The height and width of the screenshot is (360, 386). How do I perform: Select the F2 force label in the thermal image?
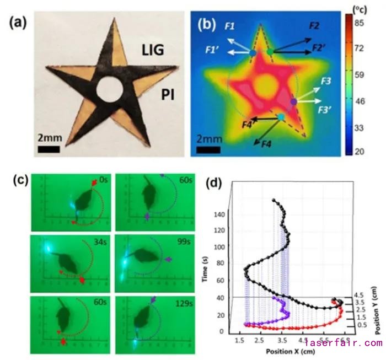pos(315,26)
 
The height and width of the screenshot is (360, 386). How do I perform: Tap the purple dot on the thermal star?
pos(294,101)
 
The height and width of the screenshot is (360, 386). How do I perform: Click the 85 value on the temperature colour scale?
pos(364,24)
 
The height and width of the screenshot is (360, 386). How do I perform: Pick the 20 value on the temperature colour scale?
pos(364,151)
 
